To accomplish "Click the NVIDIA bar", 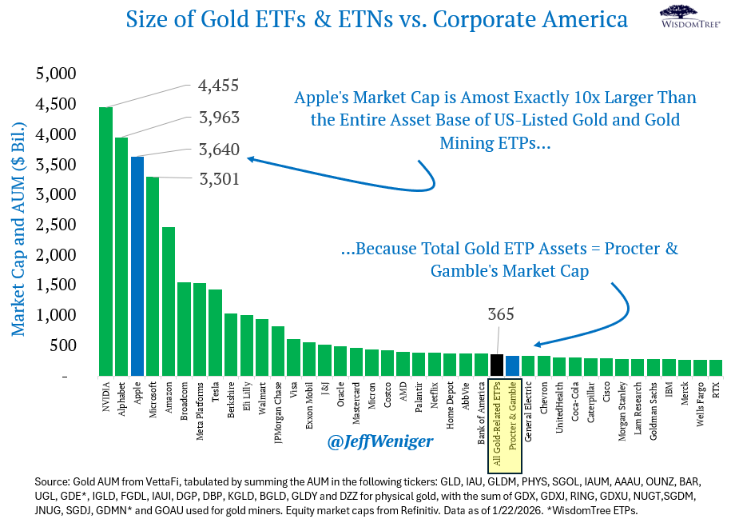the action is pos(105,242).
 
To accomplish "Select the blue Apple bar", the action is pos(137,266).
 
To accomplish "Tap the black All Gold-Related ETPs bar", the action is pos(496,365).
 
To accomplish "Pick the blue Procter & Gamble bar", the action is pos(512,365).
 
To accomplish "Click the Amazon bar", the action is pos(169,301).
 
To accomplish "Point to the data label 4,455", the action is pos(218,86).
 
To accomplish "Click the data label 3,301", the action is pos(219,178).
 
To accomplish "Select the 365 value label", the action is pos(501,314).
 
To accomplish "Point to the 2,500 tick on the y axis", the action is pos(56,225).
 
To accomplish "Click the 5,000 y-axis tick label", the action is pos(56,74).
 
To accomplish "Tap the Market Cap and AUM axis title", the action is pos(18,230).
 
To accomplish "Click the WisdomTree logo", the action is pos(690,17).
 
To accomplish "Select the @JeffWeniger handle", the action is pos(380,441).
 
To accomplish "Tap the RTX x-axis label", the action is pos(716,390).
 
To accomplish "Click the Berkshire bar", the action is pos(231,345).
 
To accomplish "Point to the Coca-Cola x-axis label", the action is pos(575,401).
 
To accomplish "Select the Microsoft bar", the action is pos(153,277).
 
